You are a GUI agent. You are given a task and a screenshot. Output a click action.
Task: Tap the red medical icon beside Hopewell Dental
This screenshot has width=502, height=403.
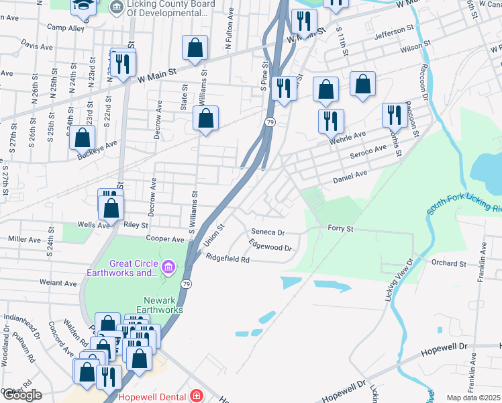[195, 396]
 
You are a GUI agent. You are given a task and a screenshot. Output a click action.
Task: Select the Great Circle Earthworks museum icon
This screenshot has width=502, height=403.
[168, 268]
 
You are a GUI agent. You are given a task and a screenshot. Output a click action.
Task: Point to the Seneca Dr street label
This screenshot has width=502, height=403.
[268, 232]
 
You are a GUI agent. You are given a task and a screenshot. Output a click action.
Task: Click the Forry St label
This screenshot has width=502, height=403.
[340, 228]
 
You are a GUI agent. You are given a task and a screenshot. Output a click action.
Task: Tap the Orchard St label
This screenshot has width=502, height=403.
[449, 263]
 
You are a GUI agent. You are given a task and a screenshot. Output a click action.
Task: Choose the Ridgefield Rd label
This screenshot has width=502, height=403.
[228, 259]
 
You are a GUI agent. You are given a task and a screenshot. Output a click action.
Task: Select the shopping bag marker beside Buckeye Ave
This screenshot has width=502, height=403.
[82, 138]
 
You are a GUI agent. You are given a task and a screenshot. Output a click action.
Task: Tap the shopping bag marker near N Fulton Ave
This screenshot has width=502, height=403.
[195, 48]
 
